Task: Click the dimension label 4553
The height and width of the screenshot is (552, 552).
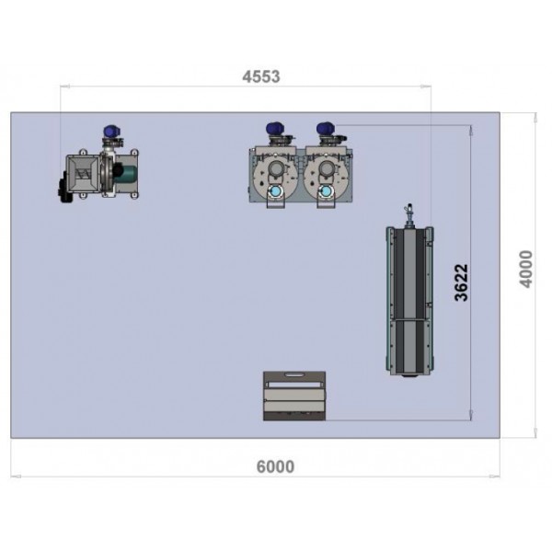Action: [261, 76]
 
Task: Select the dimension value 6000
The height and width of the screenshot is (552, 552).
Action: [275, 466]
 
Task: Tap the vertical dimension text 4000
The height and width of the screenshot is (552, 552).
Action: [526, 269]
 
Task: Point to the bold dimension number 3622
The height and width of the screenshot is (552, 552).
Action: [461, 282]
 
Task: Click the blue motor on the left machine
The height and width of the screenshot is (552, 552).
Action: [112, 132]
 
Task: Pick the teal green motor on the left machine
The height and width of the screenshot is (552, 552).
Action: [125, 174]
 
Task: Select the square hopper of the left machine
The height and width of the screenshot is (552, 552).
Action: [83, 173]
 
